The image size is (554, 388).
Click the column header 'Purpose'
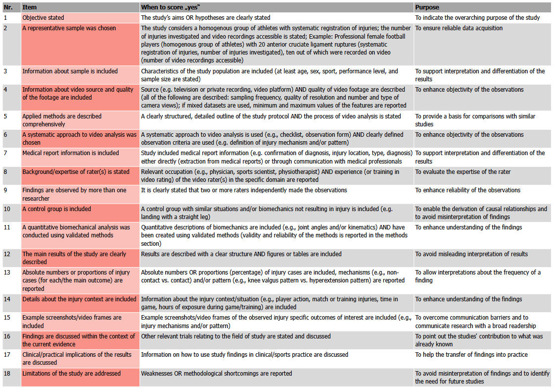click(x=427, y=7)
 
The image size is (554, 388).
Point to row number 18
click(x=7, y=373)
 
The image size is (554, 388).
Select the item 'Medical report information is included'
click(x=71, y=153)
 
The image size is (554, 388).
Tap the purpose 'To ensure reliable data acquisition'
click(x=459, y=28)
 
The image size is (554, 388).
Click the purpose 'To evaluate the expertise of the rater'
click(x=462, y=172)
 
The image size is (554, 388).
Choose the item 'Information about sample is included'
click(x=70, y=71)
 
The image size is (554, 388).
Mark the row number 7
click(x=5, y=153)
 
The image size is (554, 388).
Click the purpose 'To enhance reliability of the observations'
click(x=467, y=190)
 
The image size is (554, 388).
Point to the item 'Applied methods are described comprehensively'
click(x=62, y=120)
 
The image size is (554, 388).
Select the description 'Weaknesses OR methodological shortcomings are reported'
click(x=216, y=373)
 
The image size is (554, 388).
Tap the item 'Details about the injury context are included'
click(x=79, y=299)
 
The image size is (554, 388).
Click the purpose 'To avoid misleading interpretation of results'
click(x=471, y=254)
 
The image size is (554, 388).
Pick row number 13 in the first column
click(x=7, y=273)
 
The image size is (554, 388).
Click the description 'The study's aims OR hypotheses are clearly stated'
click(x=206, y=18)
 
